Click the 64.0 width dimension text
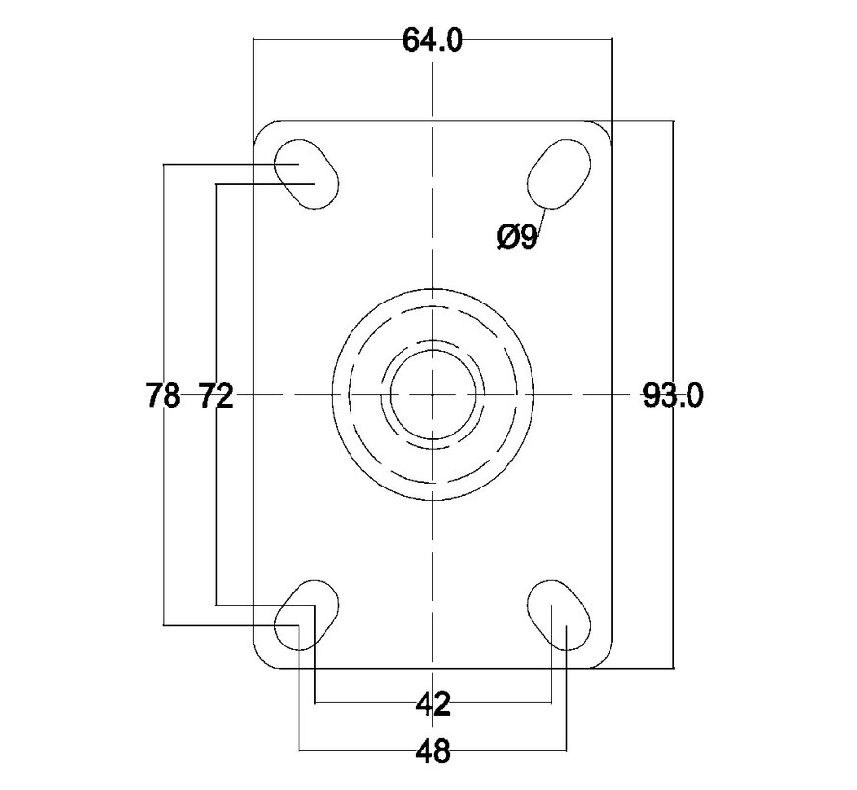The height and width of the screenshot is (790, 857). (432, 40)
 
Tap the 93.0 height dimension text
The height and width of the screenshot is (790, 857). (672, 395)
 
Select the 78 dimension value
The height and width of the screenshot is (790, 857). (163, 395)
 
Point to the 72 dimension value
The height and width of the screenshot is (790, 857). (216, 395)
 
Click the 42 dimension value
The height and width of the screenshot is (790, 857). (433, 703)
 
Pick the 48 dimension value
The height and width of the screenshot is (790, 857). (433, 750)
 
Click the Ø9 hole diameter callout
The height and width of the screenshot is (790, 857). (517, 237)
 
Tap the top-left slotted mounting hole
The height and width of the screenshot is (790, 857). (306, 174)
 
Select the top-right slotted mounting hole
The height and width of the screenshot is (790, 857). (559, 174)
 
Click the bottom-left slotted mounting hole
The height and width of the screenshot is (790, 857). (306, 615)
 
